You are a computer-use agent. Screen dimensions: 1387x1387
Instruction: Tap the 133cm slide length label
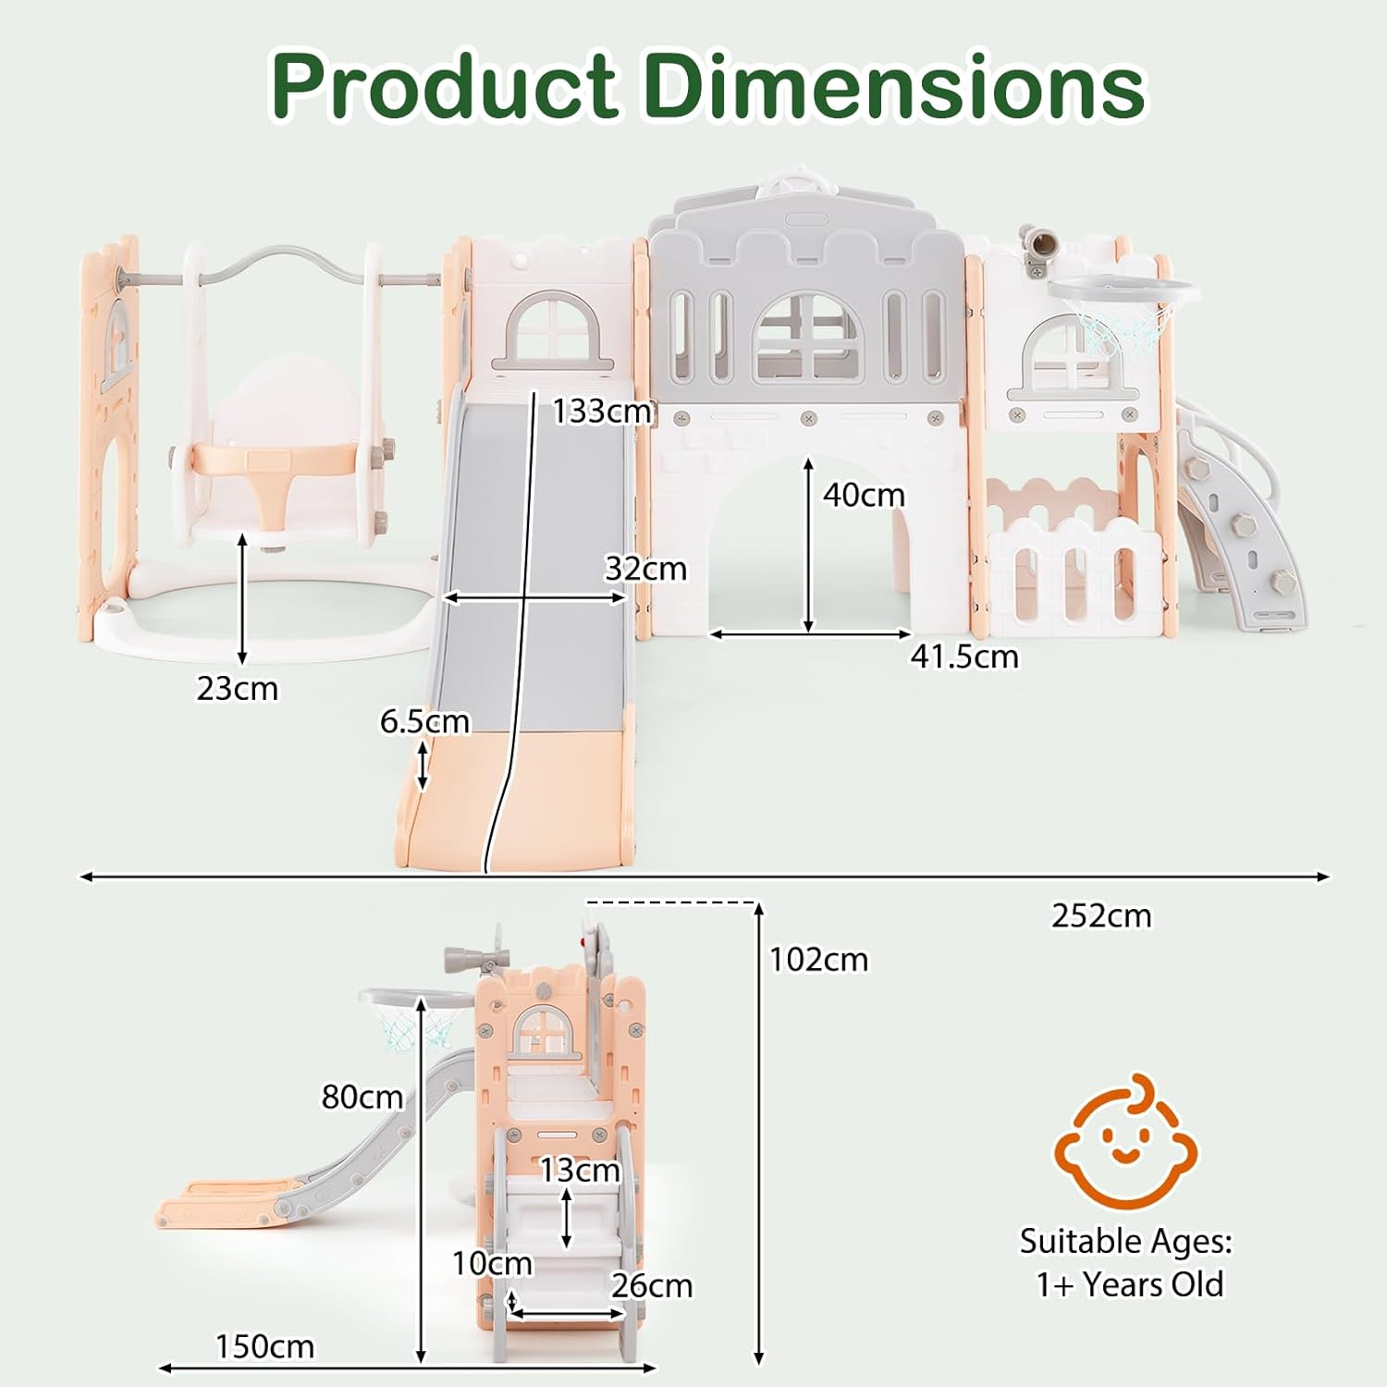click(x=602, y=411)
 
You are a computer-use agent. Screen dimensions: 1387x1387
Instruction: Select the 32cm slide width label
click(x=645, y=568)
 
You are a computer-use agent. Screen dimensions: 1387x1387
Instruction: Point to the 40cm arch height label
click(x=864, y=495)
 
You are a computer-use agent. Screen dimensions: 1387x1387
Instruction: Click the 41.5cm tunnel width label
click(x=964, y=656)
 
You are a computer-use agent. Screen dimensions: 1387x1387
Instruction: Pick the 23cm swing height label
click(x=237, y=688)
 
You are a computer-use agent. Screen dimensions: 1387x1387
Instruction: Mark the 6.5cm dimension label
click(x=424, y=720)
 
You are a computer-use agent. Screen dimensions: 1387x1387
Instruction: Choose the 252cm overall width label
click(x=1101, y=915)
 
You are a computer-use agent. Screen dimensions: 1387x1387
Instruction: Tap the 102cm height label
click(x=819, y=960)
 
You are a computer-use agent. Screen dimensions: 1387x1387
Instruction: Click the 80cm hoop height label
click(x=362, y=1097)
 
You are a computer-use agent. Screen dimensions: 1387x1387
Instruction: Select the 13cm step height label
click(x=580, y=1170)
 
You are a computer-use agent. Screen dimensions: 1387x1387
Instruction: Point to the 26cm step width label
click(x=652, y=1285)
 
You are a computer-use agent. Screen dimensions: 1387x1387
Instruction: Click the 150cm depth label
click(x=264, y=1346)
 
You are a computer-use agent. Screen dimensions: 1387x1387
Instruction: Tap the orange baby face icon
click(x=1126, y=1142)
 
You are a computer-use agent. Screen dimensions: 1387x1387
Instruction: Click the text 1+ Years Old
click(x=1129, y=1284)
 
